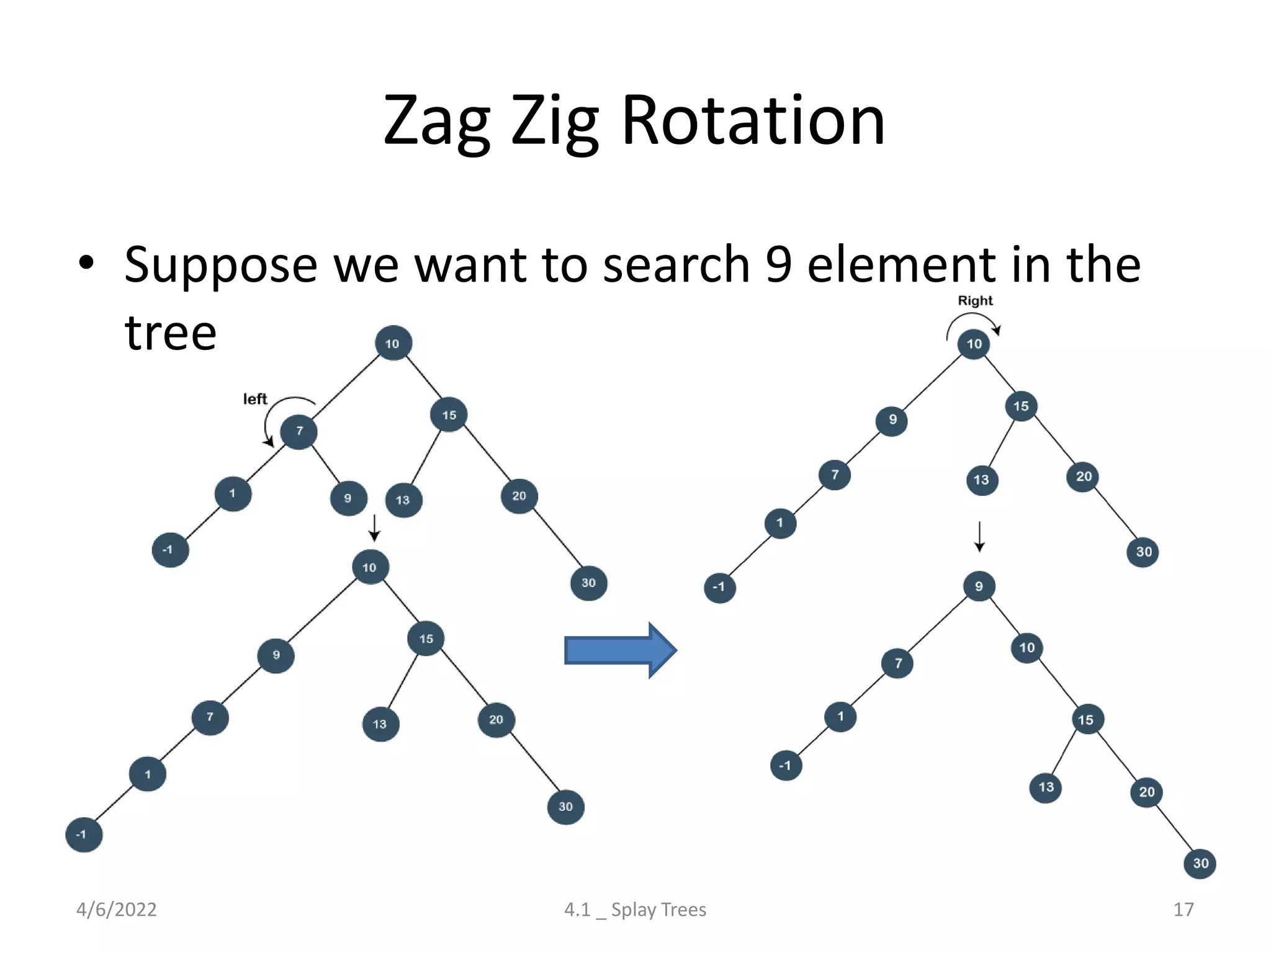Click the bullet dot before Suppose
(86, 263)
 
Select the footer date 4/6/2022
(116, 910)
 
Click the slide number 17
(1183, 910)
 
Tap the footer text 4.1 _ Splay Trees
(635, 910)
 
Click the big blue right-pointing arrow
(620, 650)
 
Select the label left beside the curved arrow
(254, 399)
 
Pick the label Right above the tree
(975, 301)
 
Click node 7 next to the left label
(299, 431)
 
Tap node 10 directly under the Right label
(974, 344)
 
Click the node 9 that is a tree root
(979, 586)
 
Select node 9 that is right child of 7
(348, 498)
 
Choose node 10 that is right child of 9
(1026, 648)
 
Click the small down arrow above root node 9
(979, 537)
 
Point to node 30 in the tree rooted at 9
(1200, 863)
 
